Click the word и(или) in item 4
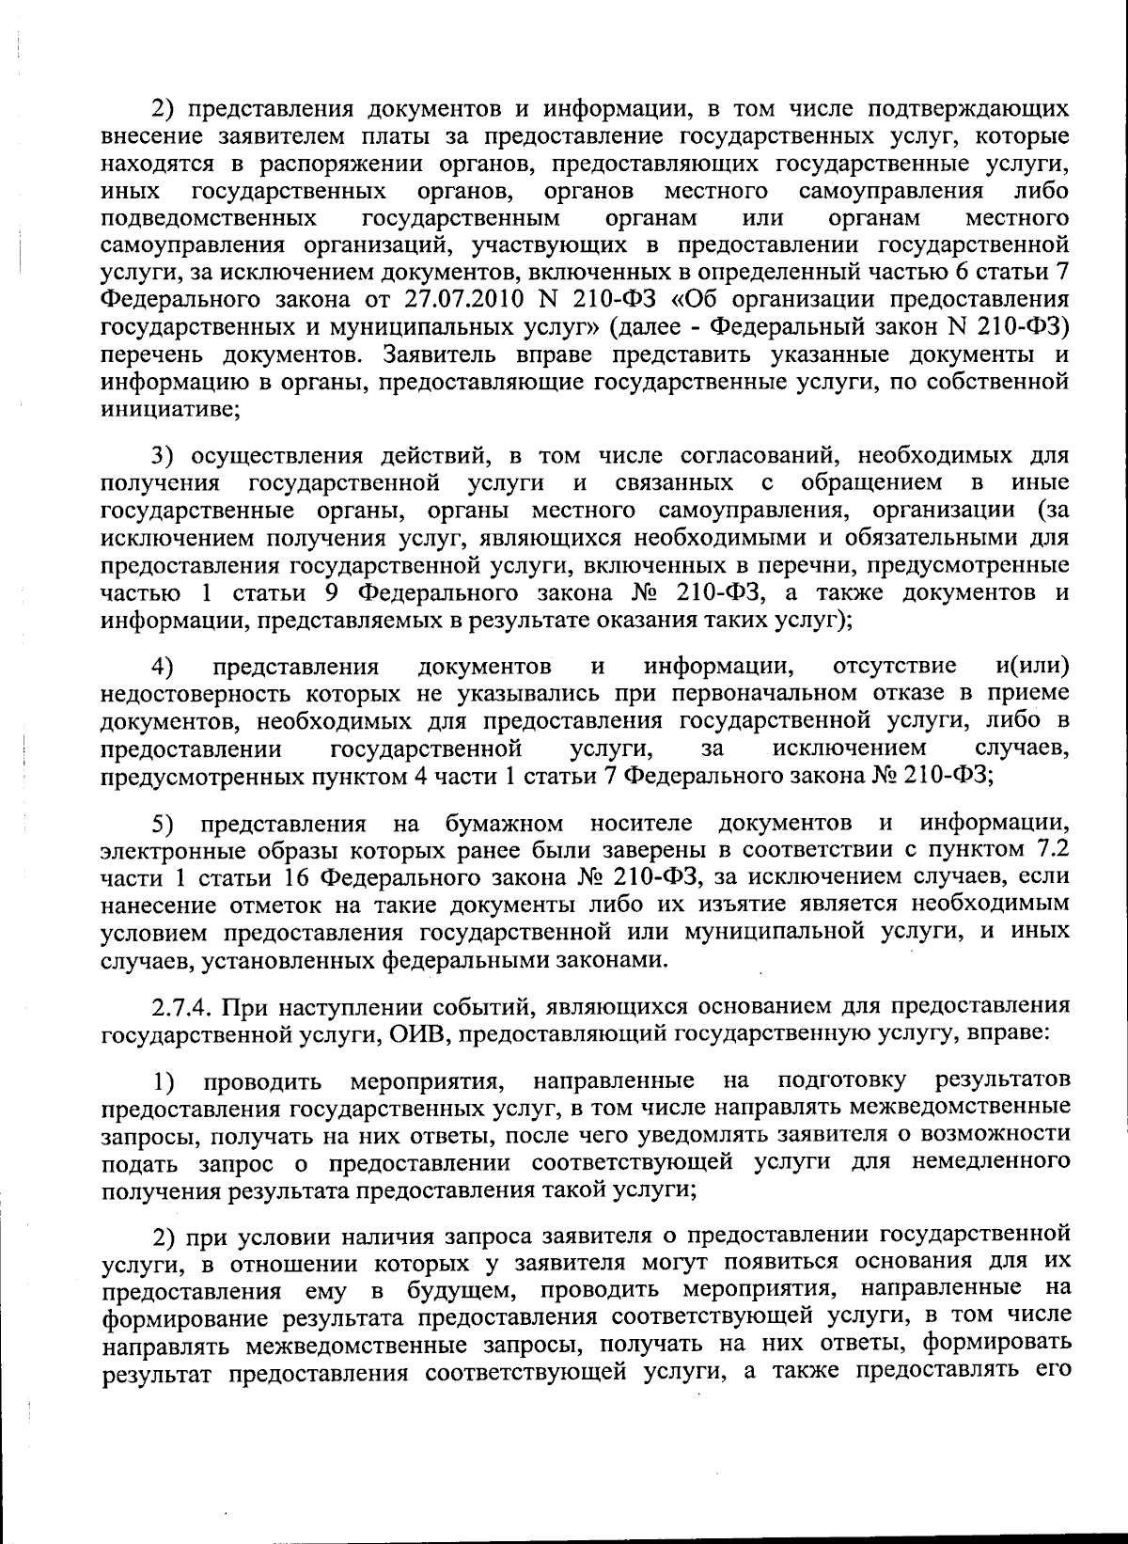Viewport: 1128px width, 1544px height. click(1031, 667)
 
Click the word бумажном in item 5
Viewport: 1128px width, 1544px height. click(504, 824)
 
